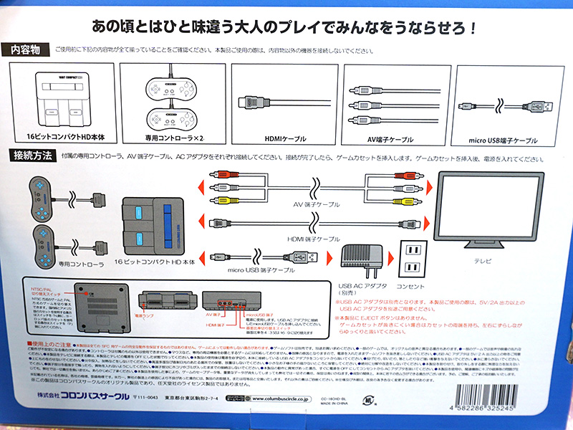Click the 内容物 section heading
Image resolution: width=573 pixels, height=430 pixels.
pos(26,50)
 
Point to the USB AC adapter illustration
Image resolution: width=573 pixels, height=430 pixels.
pos(361,259)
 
